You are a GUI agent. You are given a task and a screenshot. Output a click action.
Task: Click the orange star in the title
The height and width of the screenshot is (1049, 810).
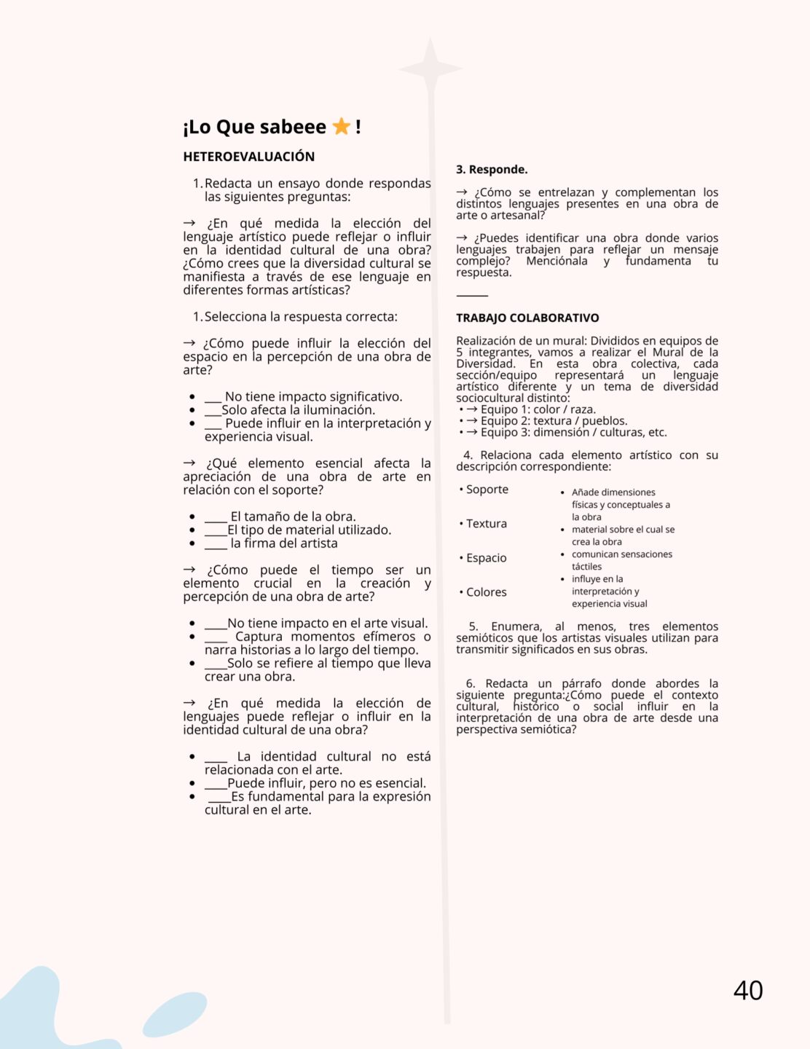pos(341,127)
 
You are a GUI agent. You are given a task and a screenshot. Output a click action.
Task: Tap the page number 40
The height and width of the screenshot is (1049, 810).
pos(748,991)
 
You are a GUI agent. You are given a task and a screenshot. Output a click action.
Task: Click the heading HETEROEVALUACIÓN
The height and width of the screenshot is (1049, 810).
pos(249,157)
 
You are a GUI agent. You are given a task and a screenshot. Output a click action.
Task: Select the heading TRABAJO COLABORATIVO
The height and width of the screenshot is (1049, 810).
pos(527,318)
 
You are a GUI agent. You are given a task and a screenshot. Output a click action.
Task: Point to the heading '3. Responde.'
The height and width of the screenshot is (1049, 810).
pos(492,170)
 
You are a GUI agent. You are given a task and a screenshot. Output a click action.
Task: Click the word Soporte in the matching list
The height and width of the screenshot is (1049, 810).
pos(487,490)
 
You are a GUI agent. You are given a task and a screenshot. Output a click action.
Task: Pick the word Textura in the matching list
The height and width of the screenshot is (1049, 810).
pos(486,524)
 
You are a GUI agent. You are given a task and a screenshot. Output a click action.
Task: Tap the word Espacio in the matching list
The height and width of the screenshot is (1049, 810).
pos(486,558)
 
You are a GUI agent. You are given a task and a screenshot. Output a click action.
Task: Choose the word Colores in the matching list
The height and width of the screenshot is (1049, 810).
pos(486,592)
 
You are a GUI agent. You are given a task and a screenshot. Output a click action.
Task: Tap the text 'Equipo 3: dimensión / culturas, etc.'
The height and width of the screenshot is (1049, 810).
pos(573,433)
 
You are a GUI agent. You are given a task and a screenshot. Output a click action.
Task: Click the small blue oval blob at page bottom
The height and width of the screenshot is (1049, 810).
pos(174,1015)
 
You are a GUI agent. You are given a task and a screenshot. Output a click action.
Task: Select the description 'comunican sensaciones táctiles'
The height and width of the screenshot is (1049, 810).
pos(621,560)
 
